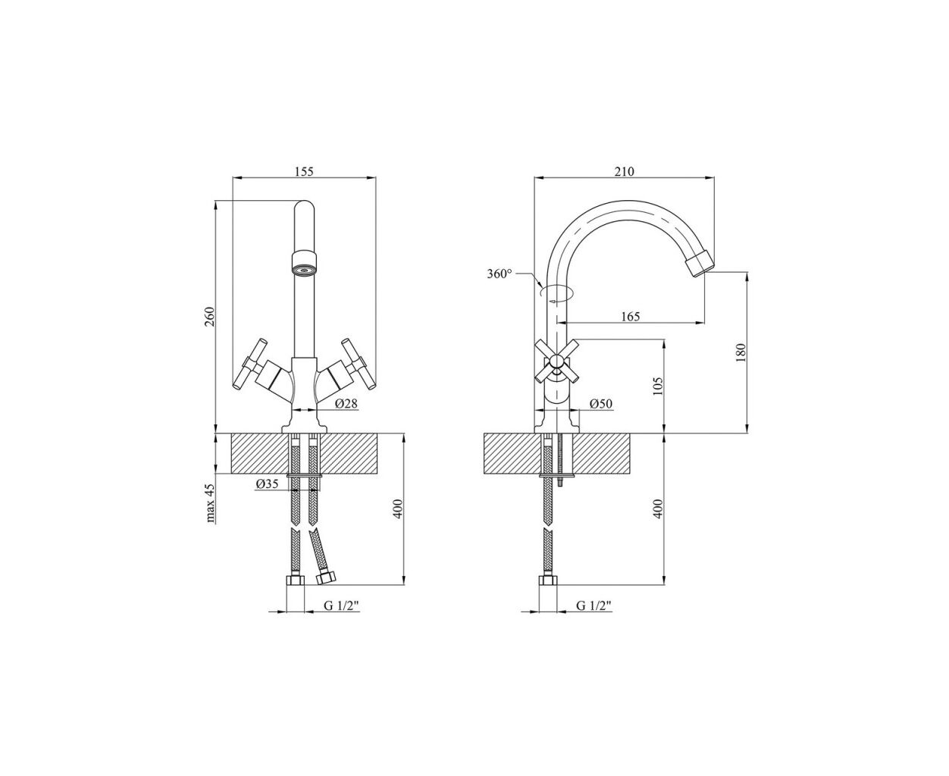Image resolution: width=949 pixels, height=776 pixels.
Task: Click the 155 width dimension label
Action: (304, 171)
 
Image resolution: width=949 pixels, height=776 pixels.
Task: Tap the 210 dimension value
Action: (625, 171)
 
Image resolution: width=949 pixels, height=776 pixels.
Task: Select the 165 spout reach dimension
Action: (631, 316)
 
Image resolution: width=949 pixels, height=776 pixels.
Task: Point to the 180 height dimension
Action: (741, 352)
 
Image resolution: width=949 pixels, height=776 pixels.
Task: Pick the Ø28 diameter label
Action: (346, 403)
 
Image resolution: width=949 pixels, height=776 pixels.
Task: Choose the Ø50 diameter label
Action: (601, 403)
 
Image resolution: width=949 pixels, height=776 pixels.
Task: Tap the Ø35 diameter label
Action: (268, 484)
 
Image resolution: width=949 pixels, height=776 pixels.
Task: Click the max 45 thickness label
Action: (211, 503)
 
